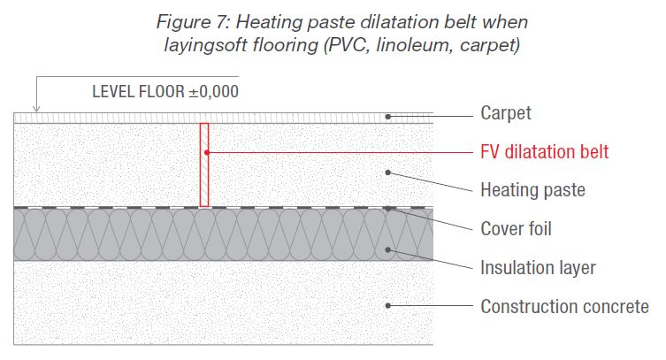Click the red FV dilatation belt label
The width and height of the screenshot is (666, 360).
point(544,151)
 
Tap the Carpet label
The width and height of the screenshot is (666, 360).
point(506,113)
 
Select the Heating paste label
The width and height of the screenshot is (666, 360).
point(532,189)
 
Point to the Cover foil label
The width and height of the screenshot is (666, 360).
point(516,229)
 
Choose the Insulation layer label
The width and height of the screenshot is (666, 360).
point(538,267)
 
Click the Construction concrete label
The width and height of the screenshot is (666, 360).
point(564,307)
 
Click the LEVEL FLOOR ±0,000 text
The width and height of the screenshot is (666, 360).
point(165,90)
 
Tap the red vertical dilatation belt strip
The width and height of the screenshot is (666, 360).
point(204,165)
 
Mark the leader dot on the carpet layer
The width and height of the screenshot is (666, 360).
point(387,117)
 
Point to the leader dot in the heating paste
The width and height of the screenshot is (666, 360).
point(387,172)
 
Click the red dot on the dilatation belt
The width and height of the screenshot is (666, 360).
point(204,152)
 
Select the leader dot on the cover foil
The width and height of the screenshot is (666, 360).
point(387,209)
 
